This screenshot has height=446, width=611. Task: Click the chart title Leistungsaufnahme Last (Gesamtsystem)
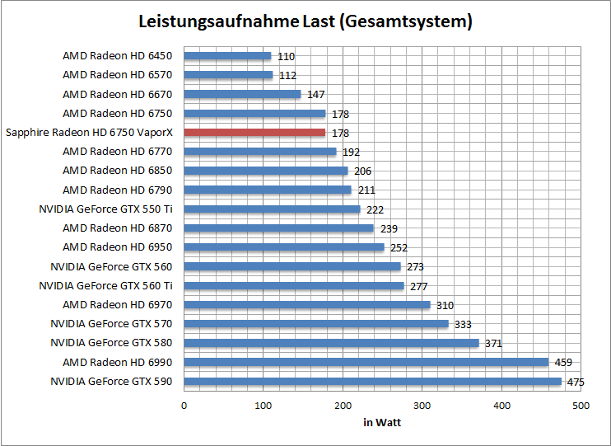click(x=305, y=21)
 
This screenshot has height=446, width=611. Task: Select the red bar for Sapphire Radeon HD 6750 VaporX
click(x=254, y=133)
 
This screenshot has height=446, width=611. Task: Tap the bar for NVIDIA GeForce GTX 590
click(x=372, y=382)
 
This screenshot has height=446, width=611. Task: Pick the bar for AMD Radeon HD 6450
click(x=227, y=56)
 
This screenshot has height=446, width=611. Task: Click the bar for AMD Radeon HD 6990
click(x=366, y=362)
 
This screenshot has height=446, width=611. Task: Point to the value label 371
click(x=492, y=344)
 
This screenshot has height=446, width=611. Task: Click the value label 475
click(x=576, y=382)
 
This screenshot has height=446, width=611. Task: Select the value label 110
click(x=286, y=57)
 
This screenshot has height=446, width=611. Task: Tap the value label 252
click(x=399, y=247)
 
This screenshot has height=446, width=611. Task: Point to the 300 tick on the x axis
click(x=422, y=406)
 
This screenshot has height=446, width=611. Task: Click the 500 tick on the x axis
click(x=581, y=406)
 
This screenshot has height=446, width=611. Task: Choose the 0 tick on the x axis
click(x=184, y=406)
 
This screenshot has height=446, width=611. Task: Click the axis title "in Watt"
click(x=382, y=422)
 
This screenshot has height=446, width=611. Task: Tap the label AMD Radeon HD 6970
click(x=118, y=305)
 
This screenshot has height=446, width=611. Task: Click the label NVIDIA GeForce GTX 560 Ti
click(x=106, y=286)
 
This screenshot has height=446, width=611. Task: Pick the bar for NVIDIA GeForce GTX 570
click(x=316, y=324)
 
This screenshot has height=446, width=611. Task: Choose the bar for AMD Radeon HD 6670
click(x=242, y=94)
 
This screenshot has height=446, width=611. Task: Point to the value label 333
click(x=463, y=325)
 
